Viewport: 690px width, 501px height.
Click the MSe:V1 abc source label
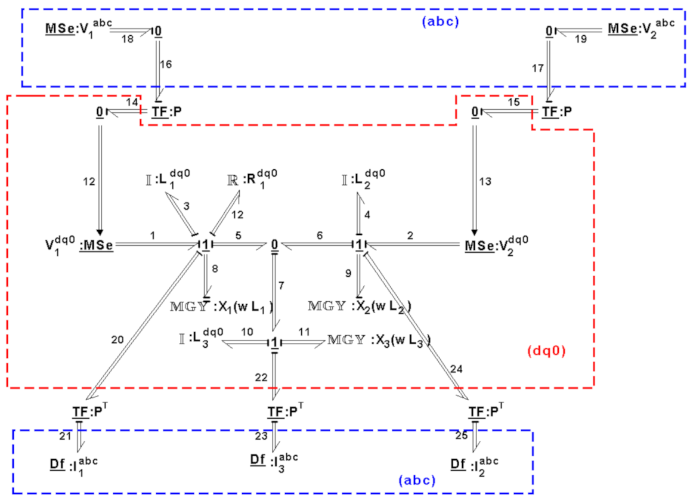pyautogui.click(x=78, y=28)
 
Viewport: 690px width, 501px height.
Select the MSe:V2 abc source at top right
pyautogui.click(x=641, y=28)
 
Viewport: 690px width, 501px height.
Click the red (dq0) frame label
pyautogui.click(x=546, y=351)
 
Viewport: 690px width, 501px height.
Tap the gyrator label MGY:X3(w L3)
pyautogui.click(x=379, y=341)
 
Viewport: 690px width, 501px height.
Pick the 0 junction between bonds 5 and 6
pyautogui.click(x=274, y=245)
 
